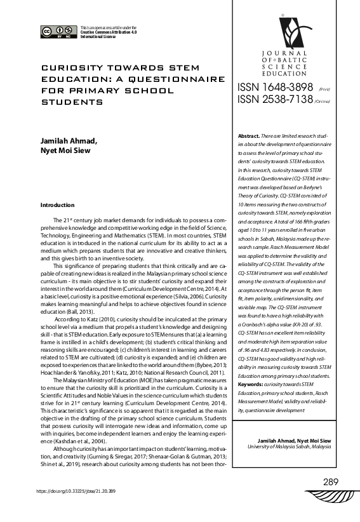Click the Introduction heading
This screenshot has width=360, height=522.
(x=57, y=205)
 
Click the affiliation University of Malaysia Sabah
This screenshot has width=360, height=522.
(x=291, y=446)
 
